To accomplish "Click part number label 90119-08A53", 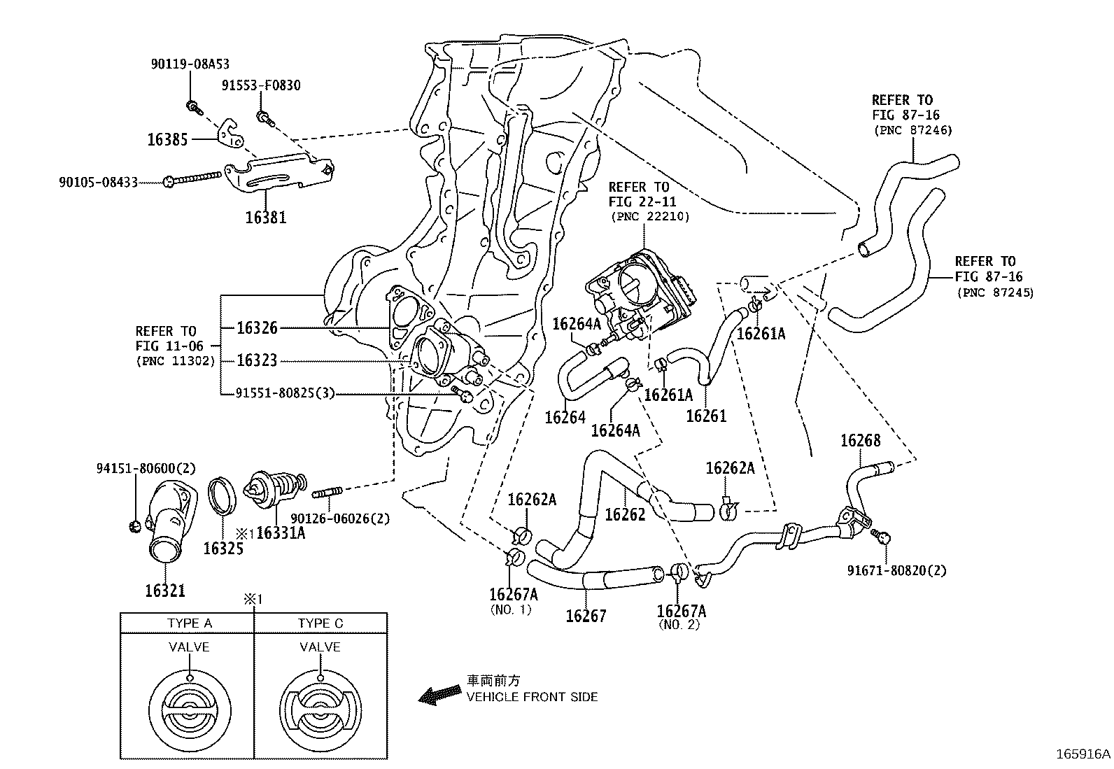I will point(190,64).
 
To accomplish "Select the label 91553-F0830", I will point(261,85).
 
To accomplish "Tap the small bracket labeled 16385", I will point(230,134).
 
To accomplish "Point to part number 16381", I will point(265,218).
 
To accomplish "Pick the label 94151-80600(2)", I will point(146,468).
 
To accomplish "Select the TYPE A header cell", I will point(189,623).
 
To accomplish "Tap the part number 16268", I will point(860,440).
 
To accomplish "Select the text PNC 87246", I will point(913,130).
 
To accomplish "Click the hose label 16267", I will point(586,616).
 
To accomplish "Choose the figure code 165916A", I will point(1083,754).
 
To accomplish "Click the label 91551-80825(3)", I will point(285,393).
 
